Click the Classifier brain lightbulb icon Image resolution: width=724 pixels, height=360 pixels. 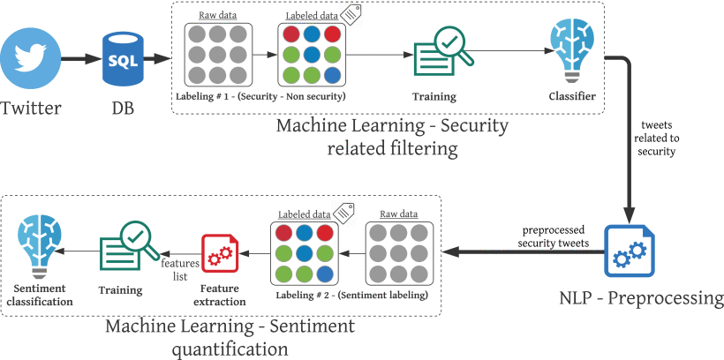tap(571, 51)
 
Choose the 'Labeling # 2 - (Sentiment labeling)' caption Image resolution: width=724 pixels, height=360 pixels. tap(351, 296)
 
